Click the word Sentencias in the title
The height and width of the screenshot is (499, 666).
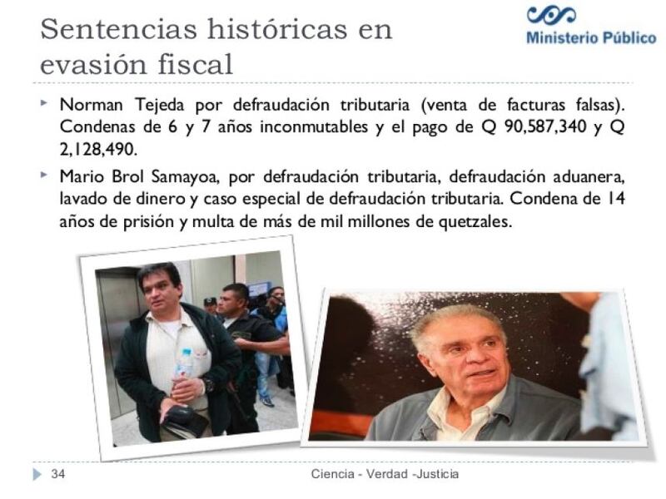point(119,29)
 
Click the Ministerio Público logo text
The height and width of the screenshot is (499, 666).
point(591,37)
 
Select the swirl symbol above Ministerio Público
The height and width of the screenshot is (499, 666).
point(551,15)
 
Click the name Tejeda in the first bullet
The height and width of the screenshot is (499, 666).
point(160,105)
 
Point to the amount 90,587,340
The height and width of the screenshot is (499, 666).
point(545,127)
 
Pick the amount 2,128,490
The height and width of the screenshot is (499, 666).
point(98,150)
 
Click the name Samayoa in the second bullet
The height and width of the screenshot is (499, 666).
point(185,177)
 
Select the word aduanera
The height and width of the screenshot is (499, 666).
point(589,176)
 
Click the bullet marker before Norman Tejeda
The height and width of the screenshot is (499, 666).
point(44,102)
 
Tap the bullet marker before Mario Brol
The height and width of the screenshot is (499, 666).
point(44,175)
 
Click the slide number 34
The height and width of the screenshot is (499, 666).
point(58,473)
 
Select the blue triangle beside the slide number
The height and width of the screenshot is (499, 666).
point(37,474)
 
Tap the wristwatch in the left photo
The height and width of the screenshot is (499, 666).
point(209,386)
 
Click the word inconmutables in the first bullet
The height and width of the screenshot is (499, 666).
point(314,127)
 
